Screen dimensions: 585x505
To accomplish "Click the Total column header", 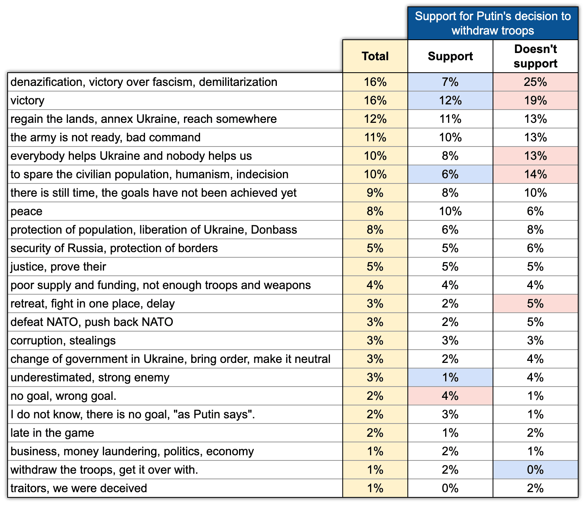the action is [x=375, y=56].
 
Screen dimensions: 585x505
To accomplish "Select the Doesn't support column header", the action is [x=535, y=56].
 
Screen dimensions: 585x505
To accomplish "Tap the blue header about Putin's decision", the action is [x=493, y=23].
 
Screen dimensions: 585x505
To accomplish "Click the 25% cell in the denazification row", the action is [x=535, y=82].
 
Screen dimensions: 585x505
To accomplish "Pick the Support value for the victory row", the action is [x=450, y=100].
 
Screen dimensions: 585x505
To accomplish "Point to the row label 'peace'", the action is [x=27, y=211].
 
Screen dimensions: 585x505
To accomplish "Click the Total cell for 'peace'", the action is [x=375, y=211].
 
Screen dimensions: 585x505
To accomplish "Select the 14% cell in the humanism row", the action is [x=535, y=174].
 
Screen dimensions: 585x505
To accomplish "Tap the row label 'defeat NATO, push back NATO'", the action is [x=92, y=322].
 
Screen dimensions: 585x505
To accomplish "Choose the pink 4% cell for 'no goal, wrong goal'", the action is [x=450, y=396].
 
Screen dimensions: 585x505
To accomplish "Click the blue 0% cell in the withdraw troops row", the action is [x=535, y=470].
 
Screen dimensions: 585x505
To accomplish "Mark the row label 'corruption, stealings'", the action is [x=63, y=340].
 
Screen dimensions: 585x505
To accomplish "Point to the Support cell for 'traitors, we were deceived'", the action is [x=450, y=488].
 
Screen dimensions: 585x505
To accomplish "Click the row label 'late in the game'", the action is [x=52, y=433].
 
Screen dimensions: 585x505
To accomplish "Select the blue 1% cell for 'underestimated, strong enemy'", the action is [x=450, y=377].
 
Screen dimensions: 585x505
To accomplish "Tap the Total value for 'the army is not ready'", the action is [x=375, y=137].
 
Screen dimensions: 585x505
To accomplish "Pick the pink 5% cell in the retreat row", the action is [x=535, y=303].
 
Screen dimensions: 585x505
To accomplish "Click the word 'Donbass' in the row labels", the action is [x=274, y=230].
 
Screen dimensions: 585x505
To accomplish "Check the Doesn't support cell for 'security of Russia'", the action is [x=535, y=248].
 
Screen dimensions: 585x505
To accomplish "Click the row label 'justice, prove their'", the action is [x=58, y=267].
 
